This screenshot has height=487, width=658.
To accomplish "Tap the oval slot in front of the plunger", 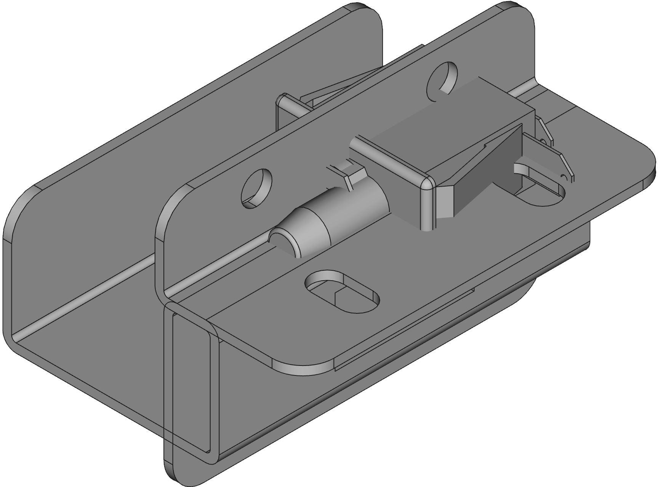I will (x=342, y=291).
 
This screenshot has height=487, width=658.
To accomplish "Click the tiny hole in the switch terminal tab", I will (x=564, y=176).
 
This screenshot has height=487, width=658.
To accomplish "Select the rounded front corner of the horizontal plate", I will (x=301, y=366).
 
